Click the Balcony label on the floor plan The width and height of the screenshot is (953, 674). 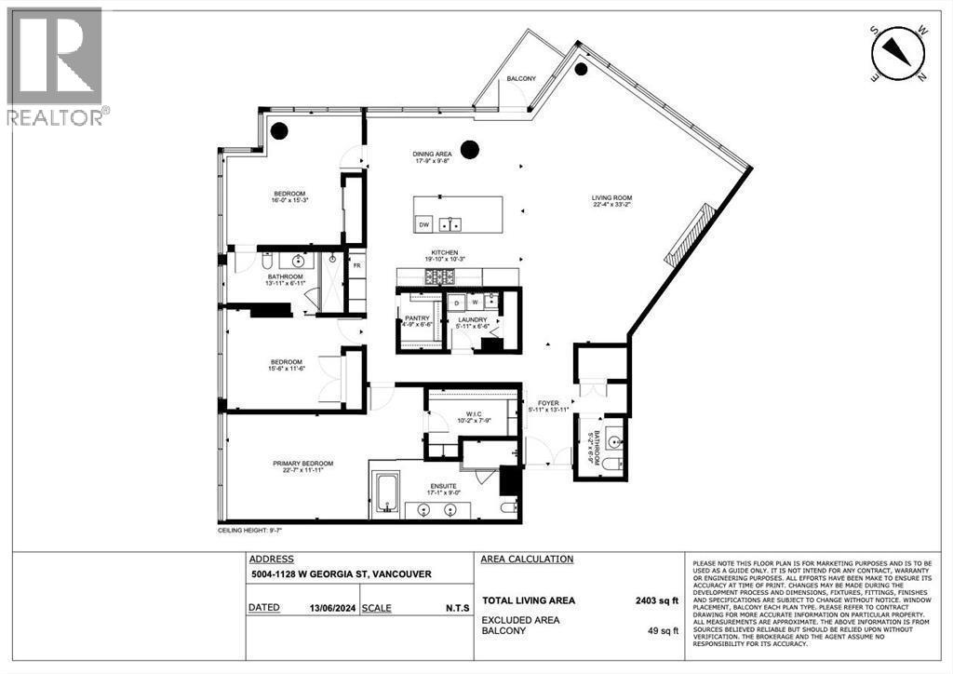click(521, 79)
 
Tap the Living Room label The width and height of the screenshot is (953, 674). click(611, 197)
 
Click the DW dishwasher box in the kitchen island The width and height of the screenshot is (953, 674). click(423, 224)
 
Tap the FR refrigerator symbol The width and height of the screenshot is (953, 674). click(356, 265)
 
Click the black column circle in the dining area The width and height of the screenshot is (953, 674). click(470, 148)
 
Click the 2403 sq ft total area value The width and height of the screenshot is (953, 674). click(657, 601)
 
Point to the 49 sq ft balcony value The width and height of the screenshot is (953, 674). click(664, 630)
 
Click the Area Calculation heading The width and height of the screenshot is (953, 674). click(527, 559)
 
